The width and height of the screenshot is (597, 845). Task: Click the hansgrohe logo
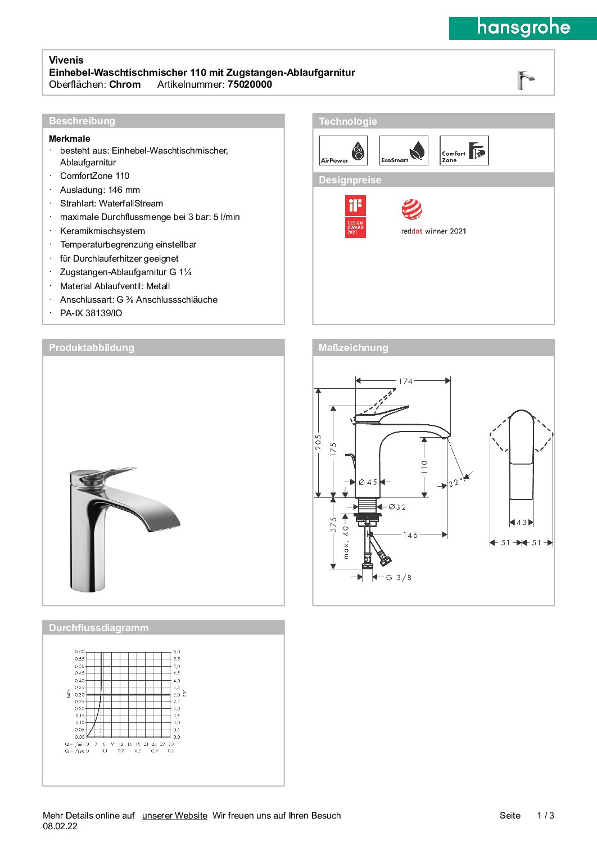(x=523, y=28)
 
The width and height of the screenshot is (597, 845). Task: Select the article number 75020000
(x=250, y=84)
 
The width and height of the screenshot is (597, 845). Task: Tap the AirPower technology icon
(x=343, y=151)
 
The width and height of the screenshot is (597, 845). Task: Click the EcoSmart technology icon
(x=404, y=151)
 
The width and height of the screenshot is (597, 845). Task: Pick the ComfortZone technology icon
(x=464, y=151)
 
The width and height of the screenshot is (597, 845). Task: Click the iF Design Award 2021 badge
(x=355, y=216)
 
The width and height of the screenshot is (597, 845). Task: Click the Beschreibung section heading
(x=82, y=121)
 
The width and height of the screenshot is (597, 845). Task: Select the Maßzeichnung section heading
(x=353, y=348)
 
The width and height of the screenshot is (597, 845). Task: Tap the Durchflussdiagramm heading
(x=98, y=628)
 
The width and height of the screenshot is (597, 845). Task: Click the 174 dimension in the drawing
(x=405, y=381)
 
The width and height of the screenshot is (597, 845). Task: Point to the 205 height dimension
(x=319, y=442)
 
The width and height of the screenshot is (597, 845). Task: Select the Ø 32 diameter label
(x=397, y=507)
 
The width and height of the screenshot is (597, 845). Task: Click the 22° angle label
(x=455, y=483)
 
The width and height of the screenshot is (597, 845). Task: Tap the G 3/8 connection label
(x=399, y=577)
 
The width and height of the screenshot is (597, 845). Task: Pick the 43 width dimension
(x=522, y=523)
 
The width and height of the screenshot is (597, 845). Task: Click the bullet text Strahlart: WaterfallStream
(x=111, y=204)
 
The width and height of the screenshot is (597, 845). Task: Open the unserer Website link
(x=174, y=816)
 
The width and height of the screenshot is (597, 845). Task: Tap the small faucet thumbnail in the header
(x=525, y=80)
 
